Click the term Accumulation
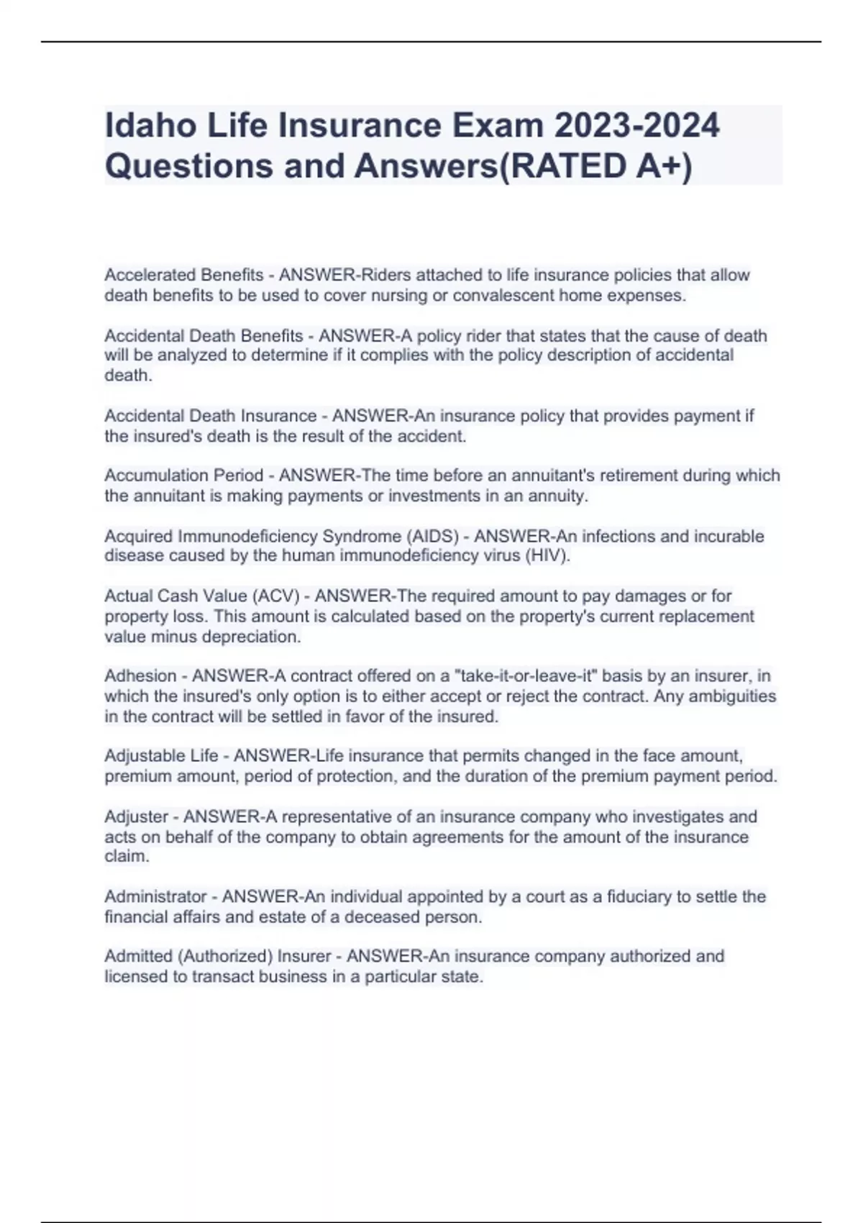coord(147,476)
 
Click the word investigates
coord(669,817)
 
